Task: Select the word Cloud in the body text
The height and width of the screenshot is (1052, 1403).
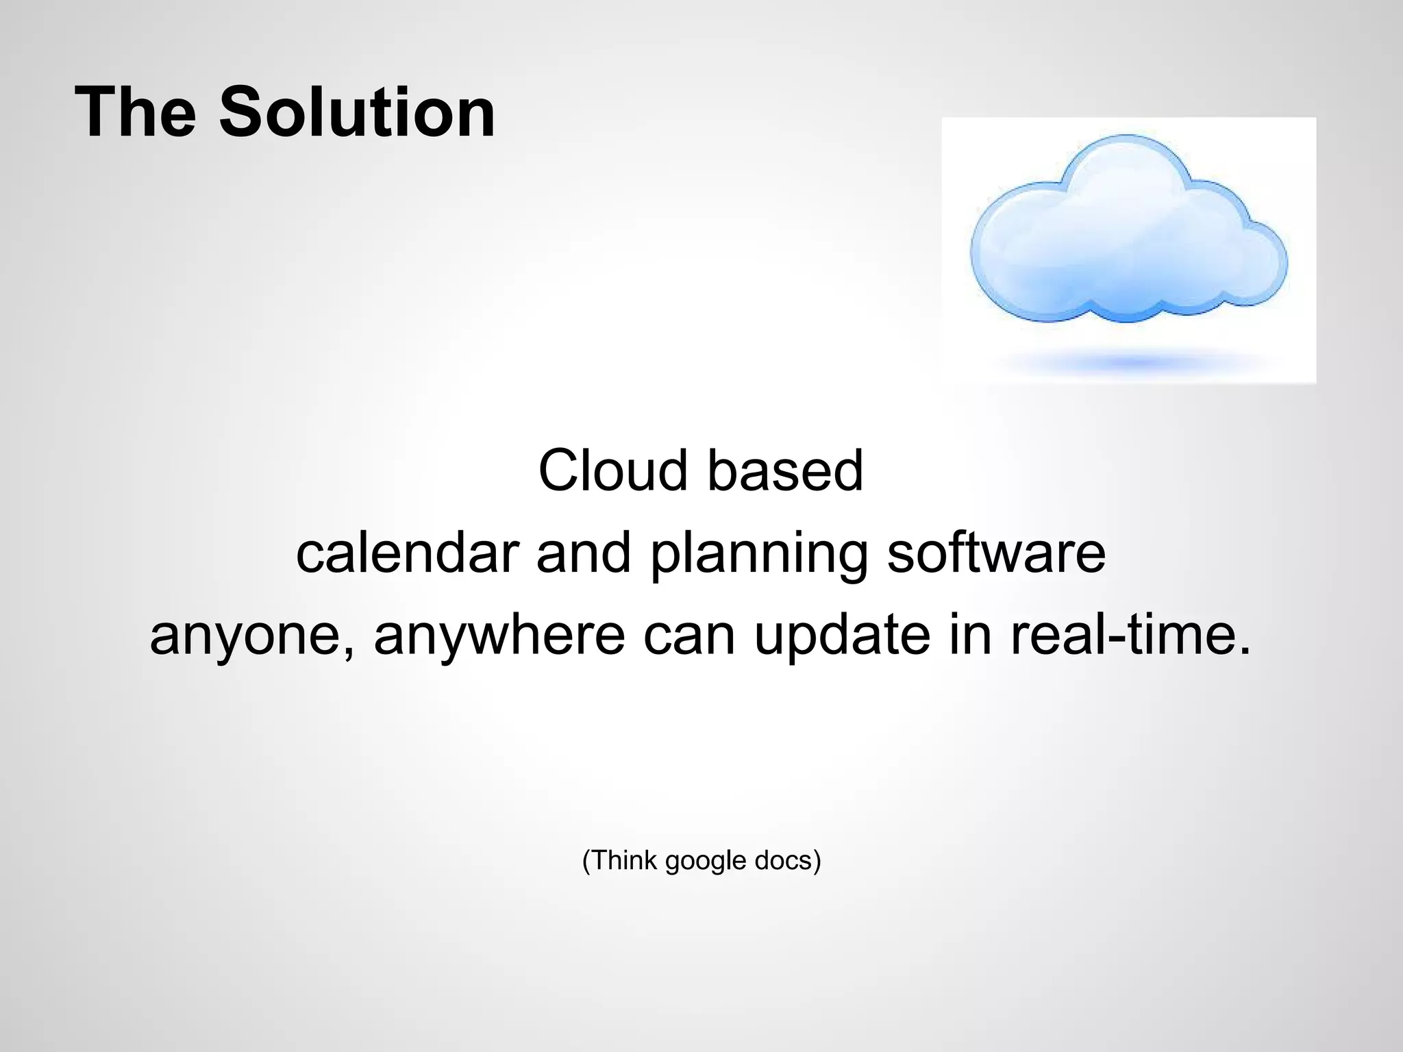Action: (612, 471)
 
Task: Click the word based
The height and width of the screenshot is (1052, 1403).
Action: (785, 471)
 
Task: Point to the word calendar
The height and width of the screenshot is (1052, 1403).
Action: (407, 553)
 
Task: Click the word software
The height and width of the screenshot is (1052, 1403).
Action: (996, 553)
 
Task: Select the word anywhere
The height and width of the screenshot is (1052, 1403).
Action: (499, 636)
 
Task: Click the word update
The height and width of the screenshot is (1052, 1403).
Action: (842, 636)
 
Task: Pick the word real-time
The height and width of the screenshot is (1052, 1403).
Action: (1130, 634)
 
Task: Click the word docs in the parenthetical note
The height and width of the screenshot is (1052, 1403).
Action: (782, 860)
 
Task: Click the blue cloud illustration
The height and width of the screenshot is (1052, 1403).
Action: (1128, 240)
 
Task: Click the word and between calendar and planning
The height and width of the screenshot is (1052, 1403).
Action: (583, 553)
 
